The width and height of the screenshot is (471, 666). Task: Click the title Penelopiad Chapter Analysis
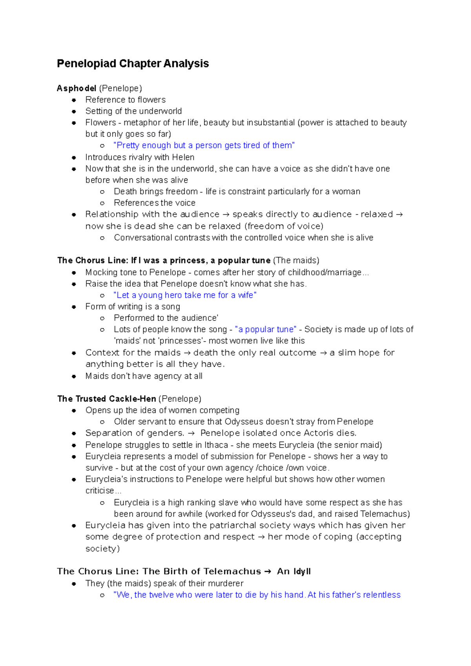pyautogui.click(x=133, y=64)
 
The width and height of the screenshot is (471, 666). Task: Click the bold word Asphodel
pyautogui.click(x=77, y=88)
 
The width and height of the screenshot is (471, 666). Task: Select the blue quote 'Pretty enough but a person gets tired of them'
pyautogui.click(x=204, y=146)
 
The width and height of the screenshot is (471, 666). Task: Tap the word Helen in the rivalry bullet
pyautogui.click(x=183, y=157)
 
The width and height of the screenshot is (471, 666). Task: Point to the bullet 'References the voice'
pyautogui.click(x=154, y=203)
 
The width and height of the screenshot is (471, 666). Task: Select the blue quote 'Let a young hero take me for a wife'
pyautogui.click(x=184, y=295)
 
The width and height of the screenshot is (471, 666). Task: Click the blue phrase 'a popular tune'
pyautogui.click(x=265, y=329)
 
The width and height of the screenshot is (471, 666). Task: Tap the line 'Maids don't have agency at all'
pyautogui.click(x=144, y=376)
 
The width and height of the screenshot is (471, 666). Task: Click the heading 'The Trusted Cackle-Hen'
pyautogui.click(x=107, y=399)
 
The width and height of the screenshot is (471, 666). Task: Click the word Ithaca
pyautogui.click(x=216, y=445)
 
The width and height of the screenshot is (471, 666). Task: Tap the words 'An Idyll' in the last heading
pyautogui.click(x=294, y=571)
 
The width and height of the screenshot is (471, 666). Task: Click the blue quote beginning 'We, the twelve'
pyautogui.click(x=257, y=595)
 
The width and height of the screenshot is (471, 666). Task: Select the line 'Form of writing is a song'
pyautogui.click(x=133, y=307)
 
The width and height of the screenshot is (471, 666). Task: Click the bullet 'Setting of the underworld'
pyautogui.click(x=133, y=111)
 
